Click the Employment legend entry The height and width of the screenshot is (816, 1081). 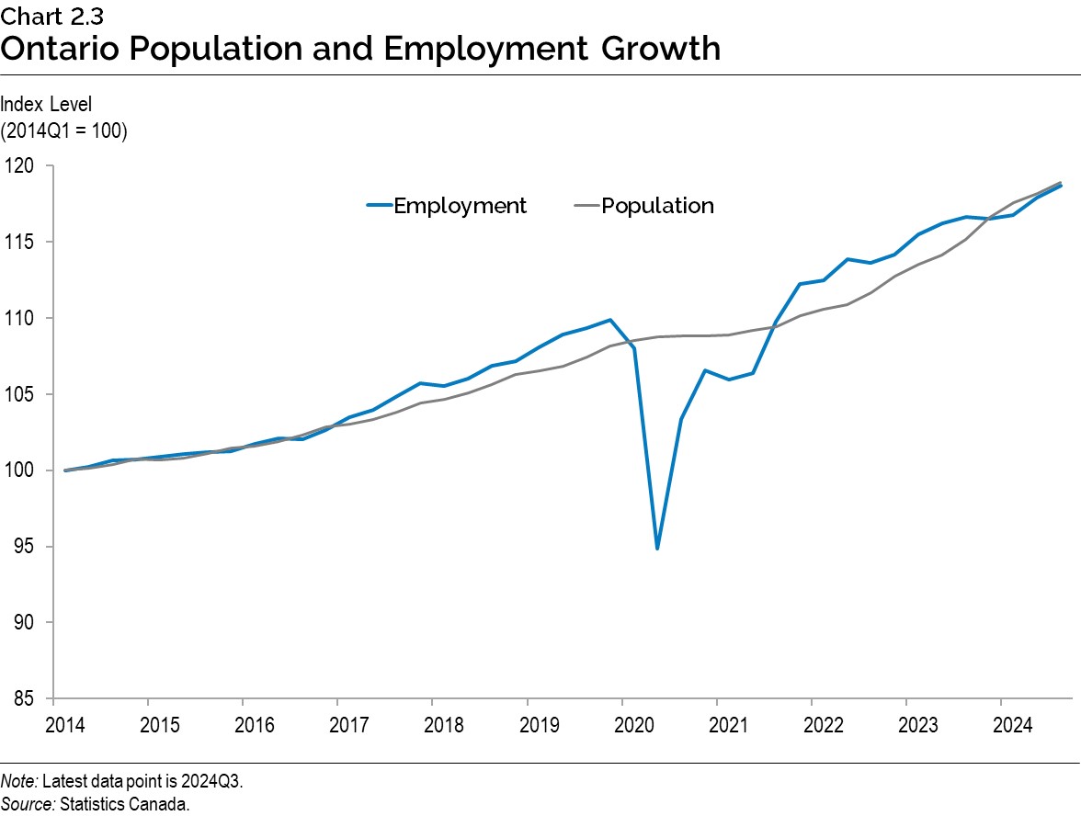point(460,206)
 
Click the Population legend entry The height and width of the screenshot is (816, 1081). point(657,206)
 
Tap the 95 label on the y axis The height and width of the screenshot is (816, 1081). point(27,547)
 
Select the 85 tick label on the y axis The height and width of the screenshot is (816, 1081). point(27,699)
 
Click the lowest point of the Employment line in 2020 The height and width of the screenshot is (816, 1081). point(657,549)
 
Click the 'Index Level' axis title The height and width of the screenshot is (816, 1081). point(46,105)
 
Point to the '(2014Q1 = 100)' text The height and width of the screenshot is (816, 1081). point(63,130)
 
